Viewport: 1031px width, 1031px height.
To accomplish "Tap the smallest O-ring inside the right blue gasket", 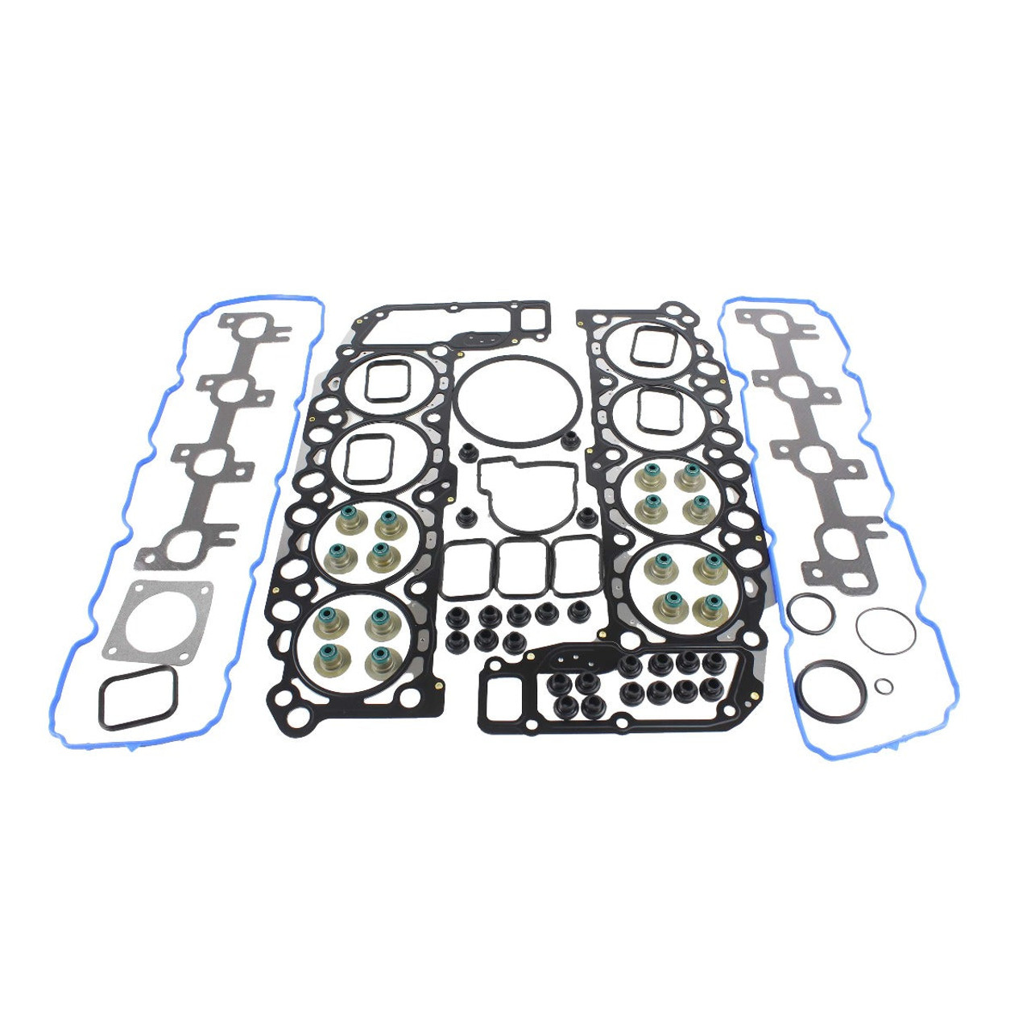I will pos(884,685).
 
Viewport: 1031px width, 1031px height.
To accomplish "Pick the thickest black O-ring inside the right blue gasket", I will pos(830,691).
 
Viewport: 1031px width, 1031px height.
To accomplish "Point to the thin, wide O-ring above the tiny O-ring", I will pos(886,630).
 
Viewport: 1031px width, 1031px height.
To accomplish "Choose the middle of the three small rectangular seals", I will pos(520,567).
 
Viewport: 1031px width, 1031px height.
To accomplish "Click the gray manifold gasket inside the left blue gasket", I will pos(213,435).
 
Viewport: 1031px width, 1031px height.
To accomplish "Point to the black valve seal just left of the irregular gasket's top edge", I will pos(468,452).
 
